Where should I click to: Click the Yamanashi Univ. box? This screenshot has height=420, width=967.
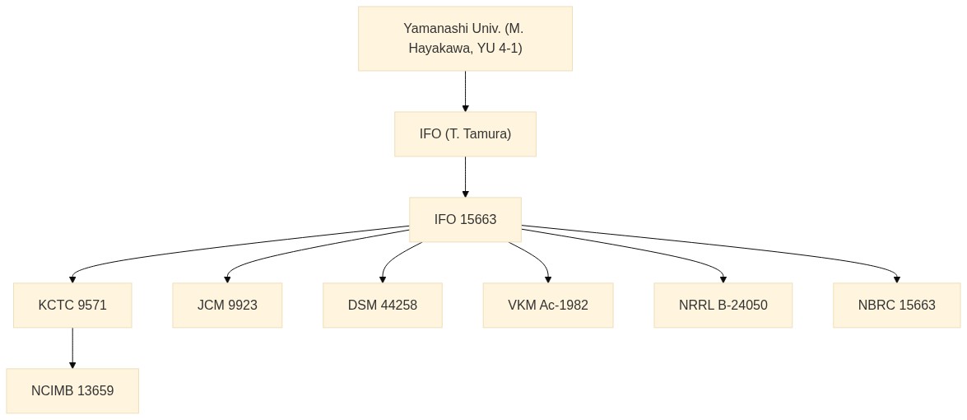point(465,38)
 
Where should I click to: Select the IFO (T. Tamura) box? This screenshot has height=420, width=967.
point(465,134)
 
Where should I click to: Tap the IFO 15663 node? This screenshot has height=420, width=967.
point(465,220)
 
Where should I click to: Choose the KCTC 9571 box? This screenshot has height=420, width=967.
point(72,306)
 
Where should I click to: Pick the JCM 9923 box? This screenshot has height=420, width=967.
point(227,306)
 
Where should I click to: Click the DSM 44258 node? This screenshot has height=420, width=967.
point(383,306)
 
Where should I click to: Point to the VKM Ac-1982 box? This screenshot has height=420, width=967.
point(547,306)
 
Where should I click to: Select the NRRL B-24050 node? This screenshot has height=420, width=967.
point(723,306)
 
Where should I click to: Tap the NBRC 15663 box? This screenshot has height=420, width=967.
point(897,306)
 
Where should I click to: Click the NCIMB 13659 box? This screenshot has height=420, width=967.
point(72,391)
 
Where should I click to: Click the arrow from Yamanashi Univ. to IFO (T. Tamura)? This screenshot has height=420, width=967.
point(465,91)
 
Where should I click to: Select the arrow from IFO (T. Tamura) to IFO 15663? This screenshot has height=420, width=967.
point(465,177)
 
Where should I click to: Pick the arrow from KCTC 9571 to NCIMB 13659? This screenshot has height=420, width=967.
point(72,348)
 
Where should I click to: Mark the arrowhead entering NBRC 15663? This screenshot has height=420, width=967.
point(897,279)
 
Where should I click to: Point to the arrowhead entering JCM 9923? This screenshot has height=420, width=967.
point(227,279)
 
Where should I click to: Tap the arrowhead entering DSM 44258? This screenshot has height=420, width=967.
point(383,279)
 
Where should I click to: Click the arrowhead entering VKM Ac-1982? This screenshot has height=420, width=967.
point(547,279)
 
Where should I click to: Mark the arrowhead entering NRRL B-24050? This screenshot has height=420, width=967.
point(723,279)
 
